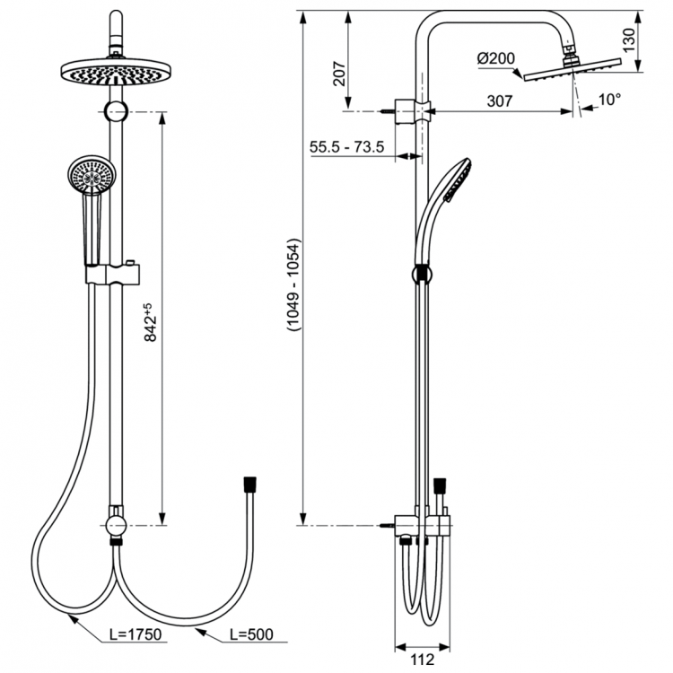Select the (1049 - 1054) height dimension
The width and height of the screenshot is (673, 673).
[x=293, y=287]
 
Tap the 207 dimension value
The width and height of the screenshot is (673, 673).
[x=338, y=74]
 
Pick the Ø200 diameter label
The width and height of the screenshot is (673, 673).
[x=495, y=59]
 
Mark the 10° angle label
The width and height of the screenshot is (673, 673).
[x=609, y=100]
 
